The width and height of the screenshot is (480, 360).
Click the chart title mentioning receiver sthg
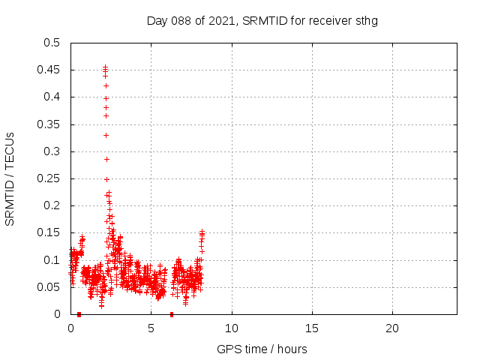tap(262, 21)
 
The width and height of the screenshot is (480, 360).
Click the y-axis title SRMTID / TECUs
tap(10, 178)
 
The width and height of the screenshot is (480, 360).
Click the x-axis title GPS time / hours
tap(262, 349)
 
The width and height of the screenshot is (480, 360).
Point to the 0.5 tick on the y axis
tap(54, 43)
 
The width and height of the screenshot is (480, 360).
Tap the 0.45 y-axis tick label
tap(51, 70)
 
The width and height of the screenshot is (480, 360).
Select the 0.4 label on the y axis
tap(54, 97)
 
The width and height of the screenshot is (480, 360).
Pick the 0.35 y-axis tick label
tap(51, 124)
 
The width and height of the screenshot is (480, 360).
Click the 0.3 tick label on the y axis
tap(54, 151)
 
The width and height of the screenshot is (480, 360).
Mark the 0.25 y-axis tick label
tap(51, 178)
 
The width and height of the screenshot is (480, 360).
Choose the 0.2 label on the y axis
tap(54, 205)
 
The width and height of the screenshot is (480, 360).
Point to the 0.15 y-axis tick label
tap(51, 233)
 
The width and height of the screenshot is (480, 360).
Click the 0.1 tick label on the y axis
tap(54, 260)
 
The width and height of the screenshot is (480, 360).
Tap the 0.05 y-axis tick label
tap(51, 287)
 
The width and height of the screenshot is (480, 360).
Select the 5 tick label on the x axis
tap(151, 328)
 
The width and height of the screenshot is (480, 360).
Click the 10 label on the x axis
tap(232, 328)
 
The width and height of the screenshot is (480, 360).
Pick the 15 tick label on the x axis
tap(312, 328)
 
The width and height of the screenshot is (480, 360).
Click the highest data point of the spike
tap(106, 67)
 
